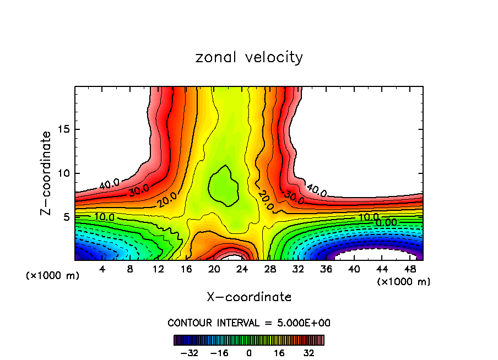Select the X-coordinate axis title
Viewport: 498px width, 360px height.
coord(249,297)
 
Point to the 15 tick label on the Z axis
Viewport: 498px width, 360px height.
coord(64,130)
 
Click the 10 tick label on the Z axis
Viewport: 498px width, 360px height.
coord(64,173)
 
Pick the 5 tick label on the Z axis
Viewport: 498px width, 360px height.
coord(67,217)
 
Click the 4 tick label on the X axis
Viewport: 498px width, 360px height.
coord(102,270)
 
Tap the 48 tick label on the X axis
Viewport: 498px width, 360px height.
coord(409,270)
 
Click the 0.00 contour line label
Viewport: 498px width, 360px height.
coord(386,222)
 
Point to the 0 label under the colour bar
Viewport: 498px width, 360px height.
coord(249,353)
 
